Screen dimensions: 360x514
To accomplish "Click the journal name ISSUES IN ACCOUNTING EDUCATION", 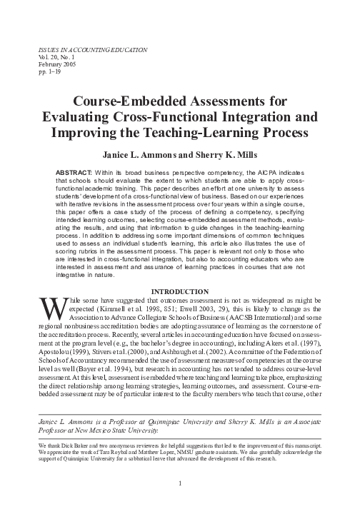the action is tap(86, 51).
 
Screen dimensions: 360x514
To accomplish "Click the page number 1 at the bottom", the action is tap(180, 483).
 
